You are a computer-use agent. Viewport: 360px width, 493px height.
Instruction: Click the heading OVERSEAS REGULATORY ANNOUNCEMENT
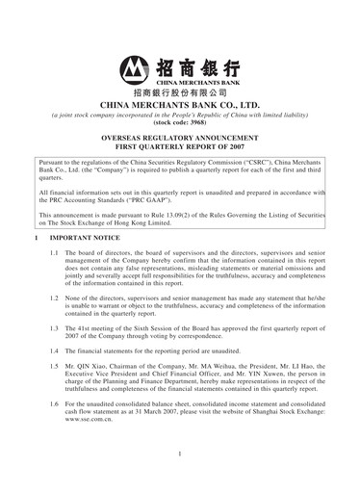(x=180, y=141)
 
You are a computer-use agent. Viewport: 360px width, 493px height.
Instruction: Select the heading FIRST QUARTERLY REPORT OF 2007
(x=180, y=150)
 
